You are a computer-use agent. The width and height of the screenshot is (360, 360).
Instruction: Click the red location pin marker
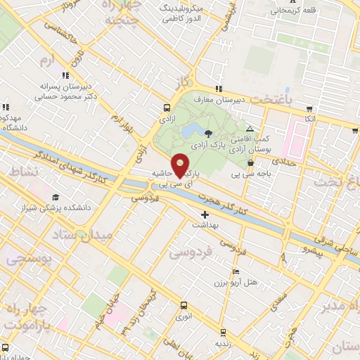(x=180, y=164)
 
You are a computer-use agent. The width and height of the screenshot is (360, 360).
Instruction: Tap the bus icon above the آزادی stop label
(x=167, y=108)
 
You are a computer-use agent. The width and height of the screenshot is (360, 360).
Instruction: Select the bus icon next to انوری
(x=184, y=306)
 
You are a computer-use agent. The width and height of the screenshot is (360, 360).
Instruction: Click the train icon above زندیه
(x=224, y=333)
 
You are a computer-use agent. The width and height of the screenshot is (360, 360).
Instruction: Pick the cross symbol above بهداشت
(x=205, y=214)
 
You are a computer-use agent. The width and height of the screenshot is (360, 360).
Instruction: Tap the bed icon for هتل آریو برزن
(x=236, y=272)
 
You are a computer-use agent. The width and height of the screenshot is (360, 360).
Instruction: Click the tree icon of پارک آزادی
(x=207, y=134)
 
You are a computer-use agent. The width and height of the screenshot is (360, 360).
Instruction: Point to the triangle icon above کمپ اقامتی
(x=250, y=129)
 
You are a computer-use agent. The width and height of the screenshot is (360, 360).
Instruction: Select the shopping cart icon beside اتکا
(x=309, y=109)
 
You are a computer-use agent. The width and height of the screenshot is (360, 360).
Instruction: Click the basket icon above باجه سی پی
(x=250, y=163)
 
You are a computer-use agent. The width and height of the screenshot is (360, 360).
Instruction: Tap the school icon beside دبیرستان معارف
(x=219, y=89)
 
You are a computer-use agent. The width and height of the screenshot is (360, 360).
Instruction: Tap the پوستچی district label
(x=26, y=260)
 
